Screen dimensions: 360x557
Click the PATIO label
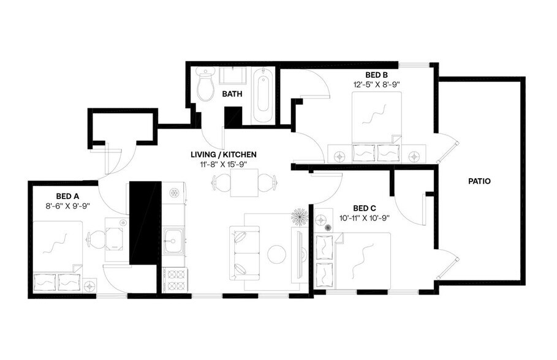click(x=479, y=181)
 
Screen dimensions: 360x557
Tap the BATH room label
click(x=232, y=94)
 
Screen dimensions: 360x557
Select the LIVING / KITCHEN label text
click(x=223, y=154)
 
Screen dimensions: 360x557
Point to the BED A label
click(x=68, y=196)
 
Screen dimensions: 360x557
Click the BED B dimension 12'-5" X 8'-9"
click(x=377, y=85)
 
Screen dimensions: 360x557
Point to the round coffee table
click(x=278, y=253)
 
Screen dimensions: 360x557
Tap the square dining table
click(x=243, y=182)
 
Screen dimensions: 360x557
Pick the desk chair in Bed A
click(x=93, y=237)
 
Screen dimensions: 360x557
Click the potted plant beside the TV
click(x=300, y=216)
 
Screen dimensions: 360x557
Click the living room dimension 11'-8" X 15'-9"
click(x=223, y=164)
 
